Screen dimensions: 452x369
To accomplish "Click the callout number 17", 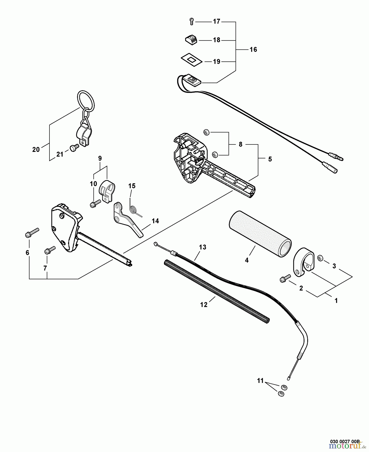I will [x=216, y=22].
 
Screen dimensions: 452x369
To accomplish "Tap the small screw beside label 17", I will [x=192, y=22].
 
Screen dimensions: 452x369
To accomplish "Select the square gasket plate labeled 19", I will [x=191, y=60].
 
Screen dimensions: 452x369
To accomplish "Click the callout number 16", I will [x=253, y=49].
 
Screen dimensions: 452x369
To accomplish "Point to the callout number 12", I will [x=204, y=305].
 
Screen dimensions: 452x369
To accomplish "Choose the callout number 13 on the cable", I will [x=202, y=247].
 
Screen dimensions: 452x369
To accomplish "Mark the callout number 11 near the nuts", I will [x=260, y=381].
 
